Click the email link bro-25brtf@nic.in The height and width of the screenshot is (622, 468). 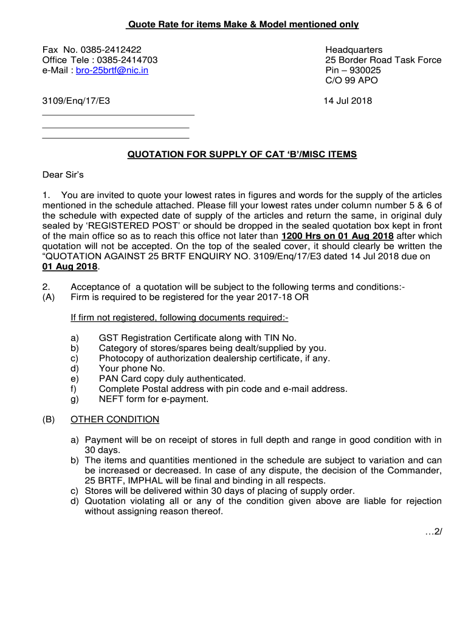(112, 70)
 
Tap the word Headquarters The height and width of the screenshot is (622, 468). (354, 50)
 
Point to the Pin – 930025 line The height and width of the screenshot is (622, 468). (353, 70)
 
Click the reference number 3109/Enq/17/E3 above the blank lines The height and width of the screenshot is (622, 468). (76, 101)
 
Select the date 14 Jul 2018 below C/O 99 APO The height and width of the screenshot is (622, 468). (349, 101)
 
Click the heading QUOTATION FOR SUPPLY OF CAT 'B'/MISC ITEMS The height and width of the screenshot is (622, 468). (242, 154)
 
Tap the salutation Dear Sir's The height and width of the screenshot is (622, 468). (63, 175)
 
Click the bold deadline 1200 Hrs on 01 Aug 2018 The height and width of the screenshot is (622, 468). (337, 236)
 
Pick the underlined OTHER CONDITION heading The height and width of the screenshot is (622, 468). (115, 419)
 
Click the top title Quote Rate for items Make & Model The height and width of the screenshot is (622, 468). (242, 24)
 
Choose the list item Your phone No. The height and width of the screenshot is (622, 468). (131, 368)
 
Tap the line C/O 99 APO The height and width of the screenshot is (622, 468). (351, 80)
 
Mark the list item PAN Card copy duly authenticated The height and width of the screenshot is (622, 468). (172, 378)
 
